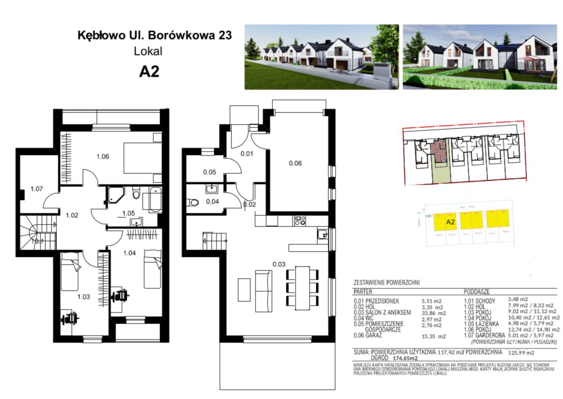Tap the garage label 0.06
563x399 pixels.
click(x=295, y=163)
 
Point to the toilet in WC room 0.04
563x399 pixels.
click(x=193, y=203)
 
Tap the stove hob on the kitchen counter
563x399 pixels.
click(x=299, y=220)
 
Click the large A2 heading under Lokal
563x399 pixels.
click(x=149, y=72)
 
